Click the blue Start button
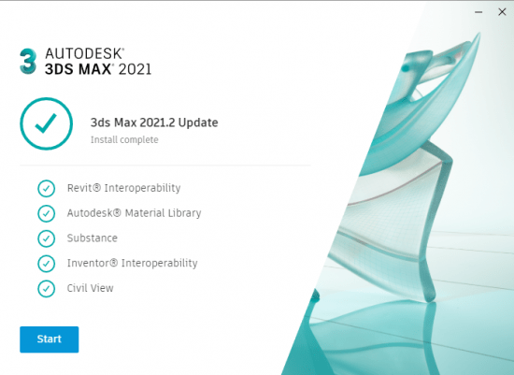(x=50, y=339)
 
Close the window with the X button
(x=502, y=12)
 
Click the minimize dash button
(x=478, y=12)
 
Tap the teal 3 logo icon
(x=28, y=62)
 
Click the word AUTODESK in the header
(x=84, y=53)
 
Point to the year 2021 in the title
(x=135, y=69)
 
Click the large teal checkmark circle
(x=46, y=123)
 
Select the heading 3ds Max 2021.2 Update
(x=154, y=123)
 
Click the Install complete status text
(x=124, y=139)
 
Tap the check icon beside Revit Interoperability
(x=46, y=188)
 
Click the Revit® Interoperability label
(x=123, y=188)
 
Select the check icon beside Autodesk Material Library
(x=46, y=213)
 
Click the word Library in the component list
(x=184, y=213)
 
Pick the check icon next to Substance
(x=46, y=238)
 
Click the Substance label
(x=93, y=238)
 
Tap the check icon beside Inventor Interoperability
(x=46, y=264)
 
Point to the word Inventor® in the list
(x=93, y=263)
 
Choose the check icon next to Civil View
(x=46, y=288)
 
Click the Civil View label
(x=90, y=288)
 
